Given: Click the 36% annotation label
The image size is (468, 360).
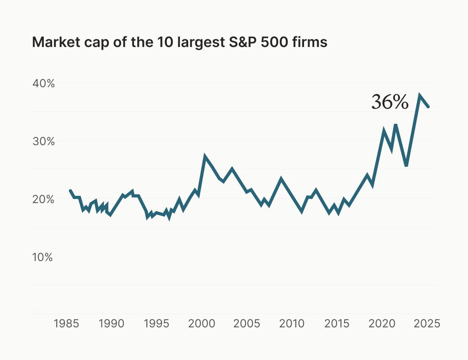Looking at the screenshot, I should pyautogui.click(x=390, y=102).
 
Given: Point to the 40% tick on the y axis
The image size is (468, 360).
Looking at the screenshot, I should pyautogui.click(x=43, y=84).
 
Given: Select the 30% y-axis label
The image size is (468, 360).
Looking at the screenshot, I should pyautogui.click(x=43, y=141).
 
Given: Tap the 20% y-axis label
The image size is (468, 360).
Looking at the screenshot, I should pyautogui.click(x=43, y=199).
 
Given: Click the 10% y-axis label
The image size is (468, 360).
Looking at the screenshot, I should pyautogui.click(x=43, y=257).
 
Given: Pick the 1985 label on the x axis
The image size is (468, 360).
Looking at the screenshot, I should pyautogui.click(x=66, y=323).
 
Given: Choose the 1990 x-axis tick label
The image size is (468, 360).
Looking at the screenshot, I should pyautogui.click(x=112, y=323).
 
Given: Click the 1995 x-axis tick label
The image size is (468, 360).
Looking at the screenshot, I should pyautogui.click(x=157, y=323).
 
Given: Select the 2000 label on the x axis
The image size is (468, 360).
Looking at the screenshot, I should pyautogui.click(x=202, y=323).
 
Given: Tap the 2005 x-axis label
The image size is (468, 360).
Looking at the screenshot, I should pyautogui.click(x=247, y=323).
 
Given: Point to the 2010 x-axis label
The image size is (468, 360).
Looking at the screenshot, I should pyautogui.click(x=292, y=323).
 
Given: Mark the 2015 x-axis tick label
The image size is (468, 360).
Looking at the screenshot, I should pyautogui.click(x=337, y=323).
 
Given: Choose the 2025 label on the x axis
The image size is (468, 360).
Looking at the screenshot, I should pyautogui.click(x=427, y=323).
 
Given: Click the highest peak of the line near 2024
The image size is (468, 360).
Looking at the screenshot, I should pyautogui.click(x=419, y=96).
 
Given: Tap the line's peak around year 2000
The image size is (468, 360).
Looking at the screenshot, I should pyautogui.click(x=205, y=157).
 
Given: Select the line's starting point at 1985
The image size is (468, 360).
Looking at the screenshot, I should pyautogui.click(x=70, y=191).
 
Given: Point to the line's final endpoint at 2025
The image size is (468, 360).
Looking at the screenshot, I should pyautogui.click(x=428, y=107).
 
